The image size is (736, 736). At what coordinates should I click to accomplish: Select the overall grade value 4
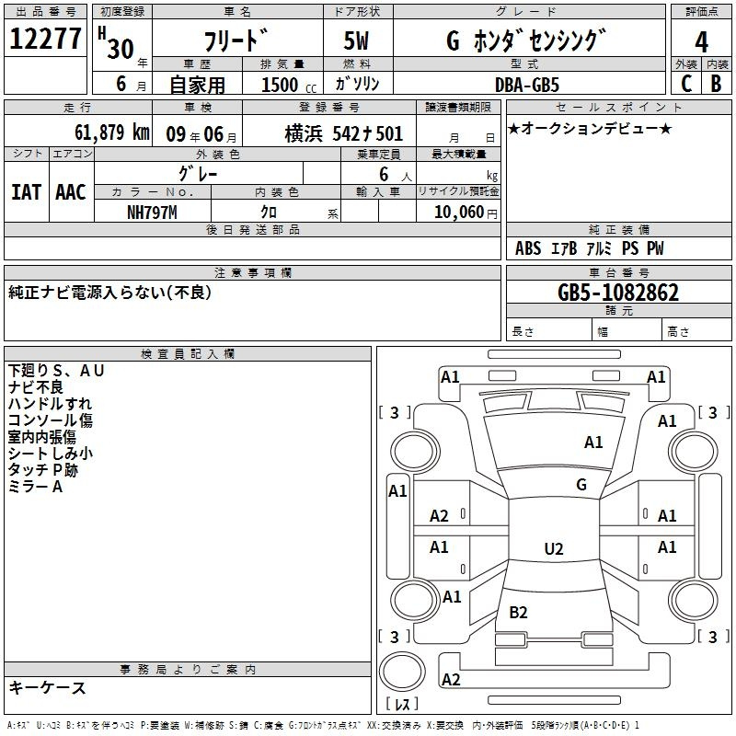[x=702, y=41]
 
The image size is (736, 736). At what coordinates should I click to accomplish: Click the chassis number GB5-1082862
[x=619, y=293]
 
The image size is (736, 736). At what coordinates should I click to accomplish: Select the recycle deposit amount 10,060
[x=456, y=213]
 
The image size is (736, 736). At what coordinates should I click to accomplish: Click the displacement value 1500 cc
[x=288, y=85]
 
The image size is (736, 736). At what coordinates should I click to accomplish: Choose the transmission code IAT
[x=26, y=192]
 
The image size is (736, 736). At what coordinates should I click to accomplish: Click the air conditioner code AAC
[x=70, y=192]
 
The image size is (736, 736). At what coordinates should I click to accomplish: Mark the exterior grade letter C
[x=685, y=84]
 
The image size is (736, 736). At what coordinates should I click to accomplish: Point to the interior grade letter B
[x=716, y=84]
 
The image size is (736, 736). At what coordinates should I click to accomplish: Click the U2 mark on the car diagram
[x=554, y=549]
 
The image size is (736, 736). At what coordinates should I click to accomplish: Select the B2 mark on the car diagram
[x=518, y=612]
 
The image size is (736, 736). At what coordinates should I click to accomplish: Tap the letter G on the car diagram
[x=581, y=485]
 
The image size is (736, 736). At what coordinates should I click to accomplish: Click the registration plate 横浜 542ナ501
[x=344, y=133]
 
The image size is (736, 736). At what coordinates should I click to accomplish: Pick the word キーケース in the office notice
[x=48, y=687]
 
